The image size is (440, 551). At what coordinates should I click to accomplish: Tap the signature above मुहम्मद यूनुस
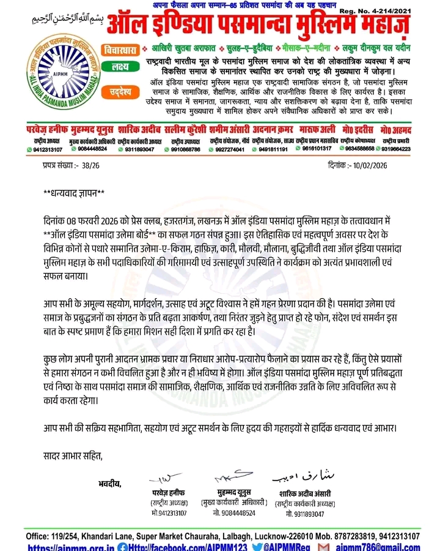[x=226, y=478]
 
